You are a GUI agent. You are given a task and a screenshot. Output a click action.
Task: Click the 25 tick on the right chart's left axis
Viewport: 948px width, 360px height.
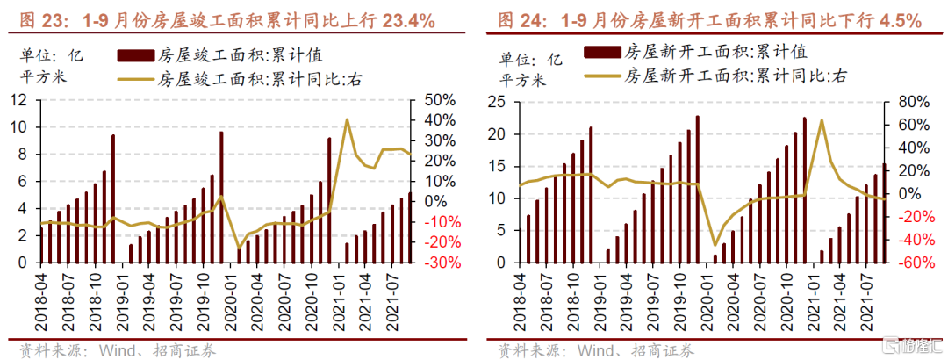(x=493, y=102)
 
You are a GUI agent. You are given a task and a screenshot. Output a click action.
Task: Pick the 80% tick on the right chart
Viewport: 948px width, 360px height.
(x=905, y=102)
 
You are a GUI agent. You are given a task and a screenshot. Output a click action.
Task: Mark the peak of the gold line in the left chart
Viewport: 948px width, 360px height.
(x=348, y=119)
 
